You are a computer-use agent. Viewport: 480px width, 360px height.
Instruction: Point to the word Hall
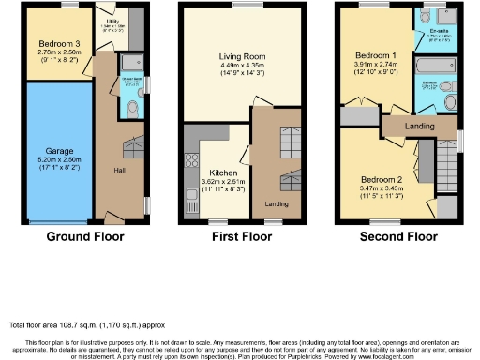(120, 172)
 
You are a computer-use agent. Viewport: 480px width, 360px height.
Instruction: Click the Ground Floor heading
(86, 237)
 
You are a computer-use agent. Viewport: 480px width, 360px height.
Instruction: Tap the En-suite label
(438, 30)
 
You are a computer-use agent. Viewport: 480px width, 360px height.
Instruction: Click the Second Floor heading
(398, 237)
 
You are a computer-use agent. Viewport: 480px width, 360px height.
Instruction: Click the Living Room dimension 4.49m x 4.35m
(232, 64)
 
